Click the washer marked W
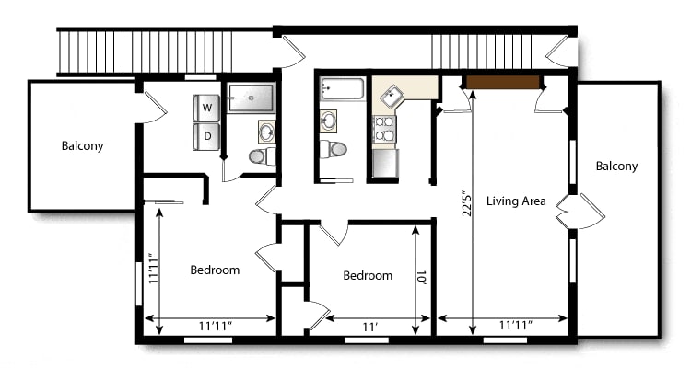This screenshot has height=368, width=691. pos(206,108)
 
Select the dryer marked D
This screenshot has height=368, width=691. pos(206,136)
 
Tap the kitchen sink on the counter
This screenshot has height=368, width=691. pos(392,97)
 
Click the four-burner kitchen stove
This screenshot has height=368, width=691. pos(384,128)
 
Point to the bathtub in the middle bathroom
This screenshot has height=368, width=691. pos(342,88)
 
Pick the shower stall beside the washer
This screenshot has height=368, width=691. pos(252,98)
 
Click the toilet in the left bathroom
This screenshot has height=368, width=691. pos(263,155)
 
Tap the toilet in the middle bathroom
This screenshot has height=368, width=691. pos(334,149)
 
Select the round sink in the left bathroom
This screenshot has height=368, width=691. pos(267,132)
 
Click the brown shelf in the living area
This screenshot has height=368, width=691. pos(503,82)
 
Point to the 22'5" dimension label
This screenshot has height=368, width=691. pos(467,203)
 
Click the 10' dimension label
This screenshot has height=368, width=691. pos(421,278)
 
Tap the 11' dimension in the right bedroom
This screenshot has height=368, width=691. pos(369,328)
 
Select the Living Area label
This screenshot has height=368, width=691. pos(516,201)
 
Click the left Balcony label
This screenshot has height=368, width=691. pos(82,145)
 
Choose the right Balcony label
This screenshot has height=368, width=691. pos(616,166)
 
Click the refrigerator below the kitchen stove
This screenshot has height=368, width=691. pos(385,164)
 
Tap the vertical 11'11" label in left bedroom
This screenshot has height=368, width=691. pos(153,268)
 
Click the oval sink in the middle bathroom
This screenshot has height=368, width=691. pos(329,121)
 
